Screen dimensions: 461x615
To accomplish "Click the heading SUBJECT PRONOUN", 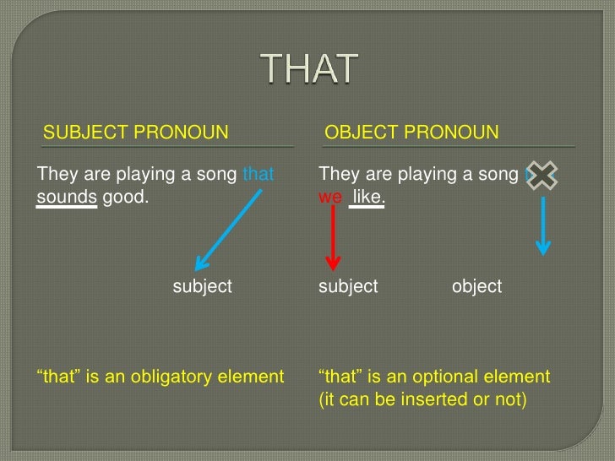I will [135, 133].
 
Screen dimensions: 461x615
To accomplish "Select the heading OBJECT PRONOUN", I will [411, 133].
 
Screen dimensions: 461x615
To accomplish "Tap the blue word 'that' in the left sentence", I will [259, 176].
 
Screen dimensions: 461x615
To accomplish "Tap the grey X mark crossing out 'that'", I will [542, 176].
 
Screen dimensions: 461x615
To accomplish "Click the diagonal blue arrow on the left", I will [229, 228].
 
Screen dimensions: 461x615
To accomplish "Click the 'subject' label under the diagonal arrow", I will [202, 286].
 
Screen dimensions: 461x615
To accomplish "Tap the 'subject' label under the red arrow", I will [347, 286].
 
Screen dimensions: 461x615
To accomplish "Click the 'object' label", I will [476, 286].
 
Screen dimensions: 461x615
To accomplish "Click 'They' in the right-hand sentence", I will [338, 176].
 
